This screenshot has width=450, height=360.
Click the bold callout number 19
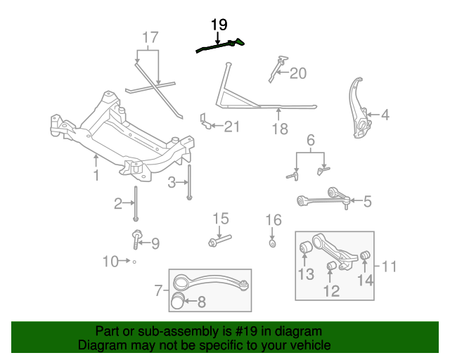pos(219,25)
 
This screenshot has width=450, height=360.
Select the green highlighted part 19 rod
pos(220,46)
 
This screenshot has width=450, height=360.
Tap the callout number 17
pos(150,37)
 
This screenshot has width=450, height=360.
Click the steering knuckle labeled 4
pos(360,108)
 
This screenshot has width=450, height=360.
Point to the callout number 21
pos(232,127)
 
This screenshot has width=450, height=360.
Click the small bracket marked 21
pos(205,121)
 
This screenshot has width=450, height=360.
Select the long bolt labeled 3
pos(189,182)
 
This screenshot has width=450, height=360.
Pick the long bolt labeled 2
pos(136,203)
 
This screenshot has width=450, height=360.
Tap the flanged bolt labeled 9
pos(136,239)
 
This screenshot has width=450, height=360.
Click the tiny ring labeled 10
pos(134,262)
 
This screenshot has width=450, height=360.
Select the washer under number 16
pos(273,243)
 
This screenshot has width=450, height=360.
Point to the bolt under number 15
pos(220,240)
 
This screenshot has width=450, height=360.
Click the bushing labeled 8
pos(177,301)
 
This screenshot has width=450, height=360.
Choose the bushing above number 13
pos(306,247)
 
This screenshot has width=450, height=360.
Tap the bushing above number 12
pos(332,266)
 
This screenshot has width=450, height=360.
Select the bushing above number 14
pos(365,255)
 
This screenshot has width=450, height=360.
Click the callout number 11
pos(390,266)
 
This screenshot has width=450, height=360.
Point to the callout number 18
pos(280,129)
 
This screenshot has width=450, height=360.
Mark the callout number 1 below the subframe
pos(96,175)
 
